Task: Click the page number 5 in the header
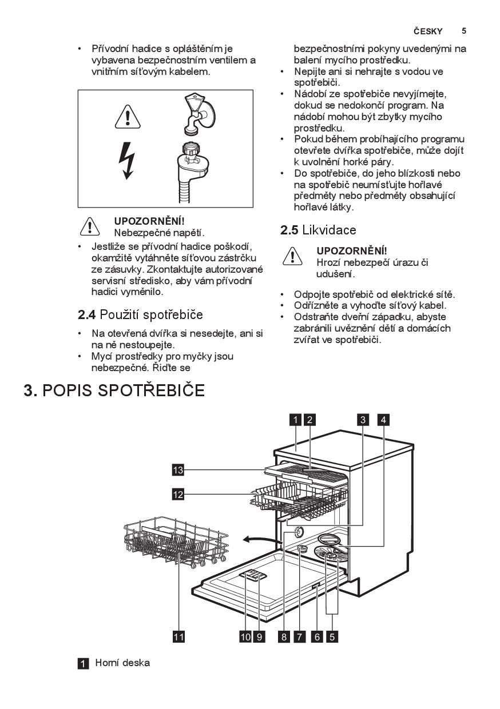[x=464, y=31]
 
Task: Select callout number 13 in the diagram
[x=178, y=470]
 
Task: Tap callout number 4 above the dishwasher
[x=383, y=420]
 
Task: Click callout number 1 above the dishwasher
[x=295, y=420]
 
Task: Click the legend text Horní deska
[x=122, y=663]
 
